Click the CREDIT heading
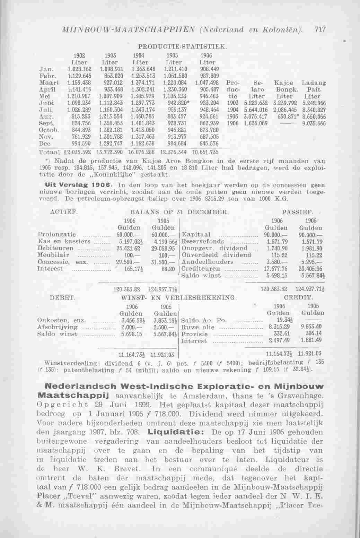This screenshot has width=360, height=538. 298,298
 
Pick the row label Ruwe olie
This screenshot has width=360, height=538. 196,327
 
